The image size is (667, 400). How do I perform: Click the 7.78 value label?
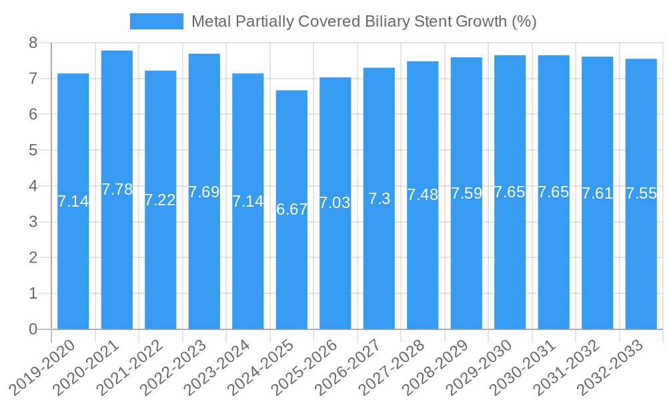click(117, 189)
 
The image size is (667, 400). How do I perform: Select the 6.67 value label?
click(292, 209)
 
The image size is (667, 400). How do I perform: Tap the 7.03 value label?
click(335, 203)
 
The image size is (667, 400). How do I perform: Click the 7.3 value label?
click(379, 199)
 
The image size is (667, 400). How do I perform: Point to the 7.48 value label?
click(423, 195)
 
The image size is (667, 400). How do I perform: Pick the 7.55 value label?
click(641, 193)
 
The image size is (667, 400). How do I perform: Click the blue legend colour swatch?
click(156, 21)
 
